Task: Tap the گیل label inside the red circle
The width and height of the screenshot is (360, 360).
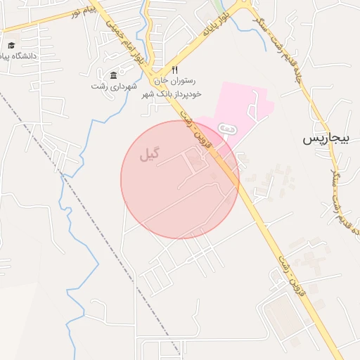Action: tap(150, 153)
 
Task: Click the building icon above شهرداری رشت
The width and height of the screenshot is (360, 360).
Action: tap(114, 75)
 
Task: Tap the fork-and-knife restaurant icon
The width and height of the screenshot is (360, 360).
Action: tap(175, 70)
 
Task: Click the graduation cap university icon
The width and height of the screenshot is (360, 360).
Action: tap(11, 45)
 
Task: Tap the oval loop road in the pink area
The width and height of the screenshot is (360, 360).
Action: tap(226, 129)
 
